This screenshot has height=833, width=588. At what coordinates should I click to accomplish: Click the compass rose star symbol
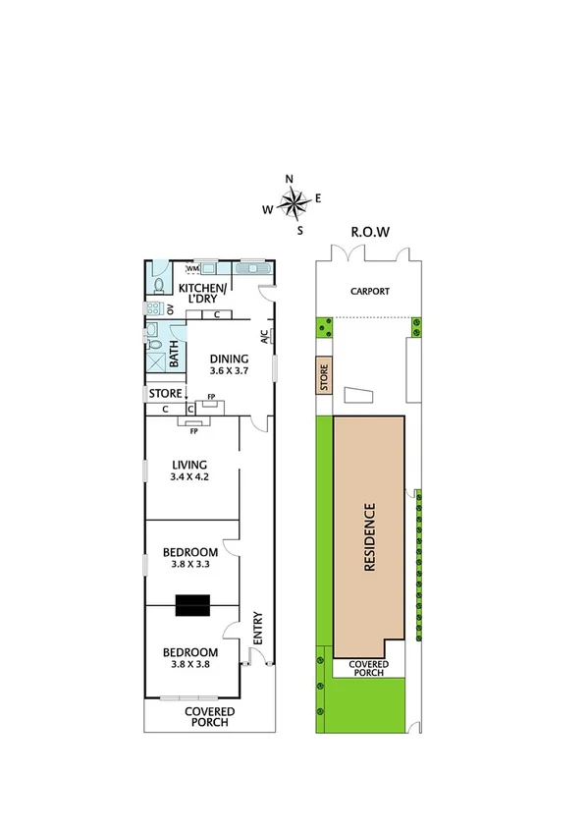pos(293,203)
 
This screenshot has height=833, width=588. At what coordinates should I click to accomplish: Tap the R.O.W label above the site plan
pos(370,233)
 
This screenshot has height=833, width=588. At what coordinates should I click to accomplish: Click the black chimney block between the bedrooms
pos(191,606)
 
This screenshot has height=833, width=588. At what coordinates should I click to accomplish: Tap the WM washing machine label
pos(192,268)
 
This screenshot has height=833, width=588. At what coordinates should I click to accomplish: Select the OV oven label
pos(170,308)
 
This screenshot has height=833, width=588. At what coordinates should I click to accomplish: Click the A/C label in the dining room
pos(265,336)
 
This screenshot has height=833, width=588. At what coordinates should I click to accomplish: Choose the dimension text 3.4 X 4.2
pos(190,477)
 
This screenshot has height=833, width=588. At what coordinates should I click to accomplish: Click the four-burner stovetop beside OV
pos(153,308)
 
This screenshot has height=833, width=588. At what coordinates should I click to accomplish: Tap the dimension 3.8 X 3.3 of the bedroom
pos(189,565)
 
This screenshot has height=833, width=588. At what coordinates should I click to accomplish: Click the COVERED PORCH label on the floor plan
pos(206,716)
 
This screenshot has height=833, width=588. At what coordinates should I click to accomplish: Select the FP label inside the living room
pos(193,430)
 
